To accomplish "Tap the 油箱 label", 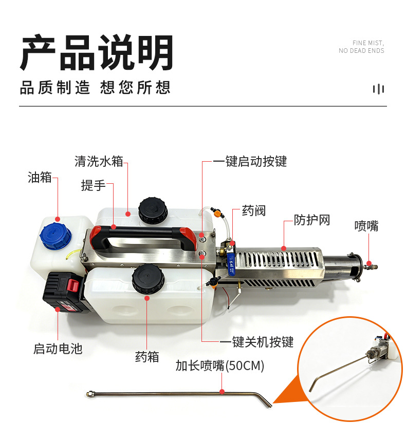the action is (40, 178).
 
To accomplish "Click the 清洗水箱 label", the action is (99, 161).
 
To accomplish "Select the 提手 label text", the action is (94, 185).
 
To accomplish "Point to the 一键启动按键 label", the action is (250, 161).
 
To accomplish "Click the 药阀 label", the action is (254, 211).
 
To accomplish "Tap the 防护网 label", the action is (312, 220).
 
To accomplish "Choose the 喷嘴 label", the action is (366, 226).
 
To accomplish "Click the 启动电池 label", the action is (58, 349).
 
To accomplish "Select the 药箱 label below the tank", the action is (147, 357).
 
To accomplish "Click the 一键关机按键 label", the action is (256, 342).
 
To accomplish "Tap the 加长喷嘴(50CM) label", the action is (220, 365).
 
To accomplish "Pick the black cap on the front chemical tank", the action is (148, 279).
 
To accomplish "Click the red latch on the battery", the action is (73, 285).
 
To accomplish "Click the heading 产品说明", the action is (97, 52).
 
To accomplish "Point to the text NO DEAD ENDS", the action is (361, 51).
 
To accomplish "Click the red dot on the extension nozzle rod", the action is (222, 392).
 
